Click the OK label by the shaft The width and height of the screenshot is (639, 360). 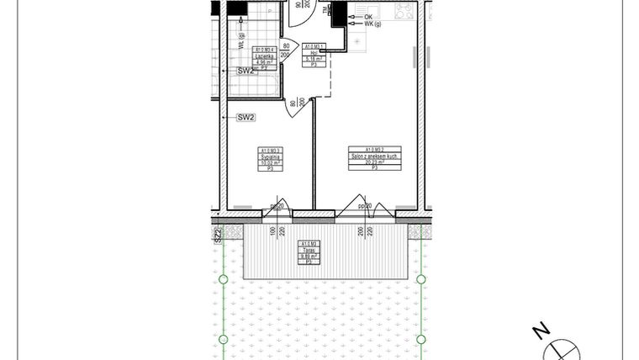coord(368,17)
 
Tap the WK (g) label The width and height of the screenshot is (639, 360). coord(372,25)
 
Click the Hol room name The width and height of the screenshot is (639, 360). coord(313,51)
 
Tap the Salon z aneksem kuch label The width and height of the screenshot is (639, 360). coord(374,156)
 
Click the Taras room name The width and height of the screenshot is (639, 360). coord(308,250)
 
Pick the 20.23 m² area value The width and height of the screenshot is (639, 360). coord(374,162)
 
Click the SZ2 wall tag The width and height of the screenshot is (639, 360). coord(217,236)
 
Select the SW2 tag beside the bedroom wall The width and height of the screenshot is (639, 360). coord(246,117)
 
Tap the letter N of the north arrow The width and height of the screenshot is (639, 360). coord(544,331)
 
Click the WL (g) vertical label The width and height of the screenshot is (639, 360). coord(241,40)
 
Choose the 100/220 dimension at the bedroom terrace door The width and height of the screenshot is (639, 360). coord(277,230)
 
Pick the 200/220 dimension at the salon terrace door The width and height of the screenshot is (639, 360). coord(364,230)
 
